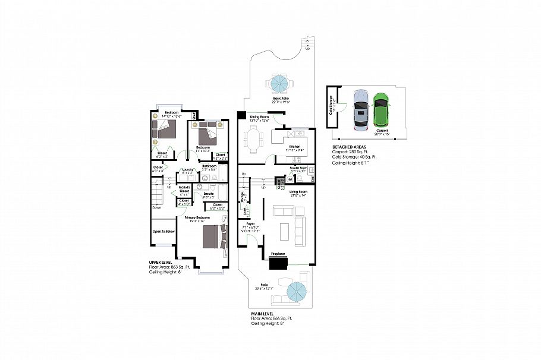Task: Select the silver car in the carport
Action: point(361,110)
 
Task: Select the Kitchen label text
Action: point(294,146)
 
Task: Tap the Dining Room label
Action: point(259,117)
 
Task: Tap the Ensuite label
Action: point(209,193)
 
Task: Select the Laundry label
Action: point(188,170)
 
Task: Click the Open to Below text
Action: point(163,231)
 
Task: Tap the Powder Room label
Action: point(298,168)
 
